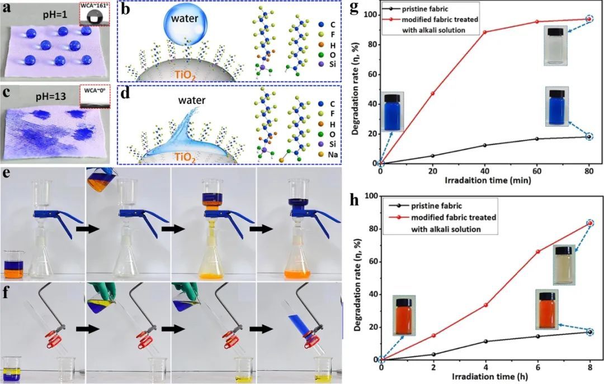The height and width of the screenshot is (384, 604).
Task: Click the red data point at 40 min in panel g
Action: click(x=484, y=32)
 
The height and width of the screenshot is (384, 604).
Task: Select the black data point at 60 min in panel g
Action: click(x=537, y=138)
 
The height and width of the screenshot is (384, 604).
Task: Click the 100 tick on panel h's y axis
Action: click(x=370, y=196)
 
